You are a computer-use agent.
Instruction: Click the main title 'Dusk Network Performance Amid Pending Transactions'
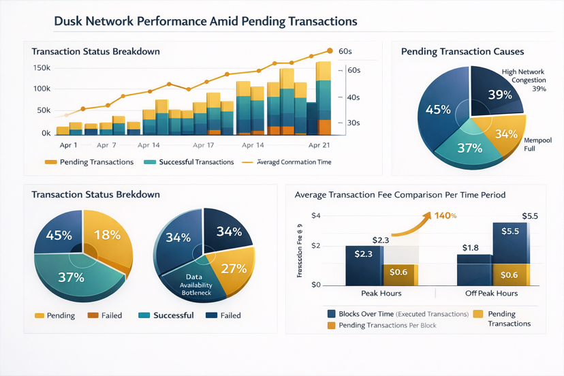click(205, 21)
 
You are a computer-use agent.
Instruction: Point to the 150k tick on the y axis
click(42, 68)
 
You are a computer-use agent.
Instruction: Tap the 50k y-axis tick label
click(44, 110)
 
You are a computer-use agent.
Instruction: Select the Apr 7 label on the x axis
click(106, 146)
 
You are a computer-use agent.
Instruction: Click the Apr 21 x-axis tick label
click(319, 146)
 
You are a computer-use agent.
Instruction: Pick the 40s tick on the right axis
click(354, 97)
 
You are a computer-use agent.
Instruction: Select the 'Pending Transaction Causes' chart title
click(463, 52)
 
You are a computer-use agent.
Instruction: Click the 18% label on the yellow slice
click(107, 235)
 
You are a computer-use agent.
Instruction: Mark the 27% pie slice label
click(233, 268)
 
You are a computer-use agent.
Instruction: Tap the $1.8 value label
click(471, 247)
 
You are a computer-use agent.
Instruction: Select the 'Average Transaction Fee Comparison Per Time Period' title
click(400, 195)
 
